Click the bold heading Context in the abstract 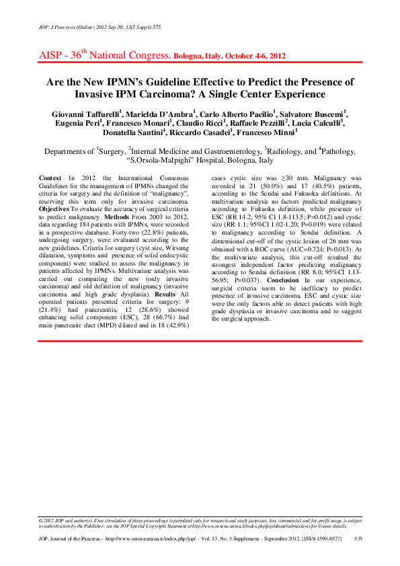coord(51,175)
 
